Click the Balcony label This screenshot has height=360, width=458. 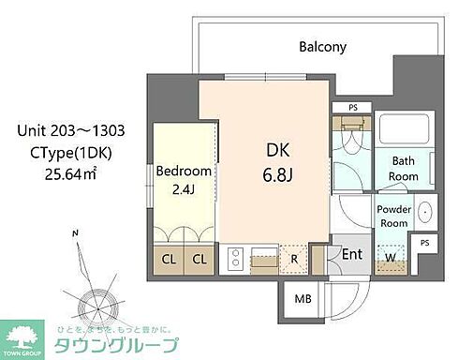coord(323,47)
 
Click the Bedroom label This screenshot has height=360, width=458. coord(184,172)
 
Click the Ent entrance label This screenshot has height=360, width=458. coord(351,254)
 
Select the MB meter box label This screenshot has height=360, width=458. coord(303,299)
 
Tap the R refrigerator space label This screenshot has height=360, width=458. coord(294,258)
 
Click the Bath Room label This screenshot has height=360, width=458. coord(404,169)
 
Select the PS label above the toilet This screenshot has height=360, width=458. coord(352,108)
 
